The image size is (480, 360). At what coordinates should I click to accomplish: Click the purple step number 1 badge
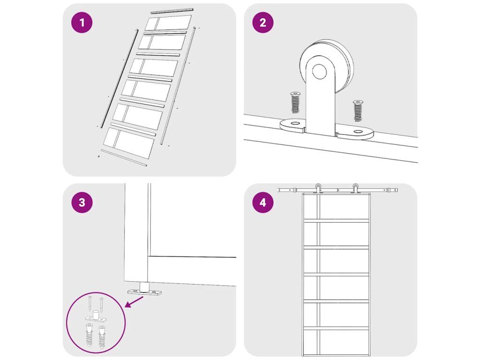[82, 22]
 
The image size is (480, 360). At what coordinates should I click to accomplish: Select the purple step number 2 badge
[262, 22]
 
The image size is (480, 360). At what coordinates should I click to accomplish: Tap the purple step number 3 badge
[82, 202]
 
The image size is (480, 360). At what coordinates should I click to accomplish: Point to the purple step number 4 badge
[262, 202]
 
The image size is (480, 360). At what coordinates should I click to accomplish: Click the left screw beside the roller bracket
[295, 102]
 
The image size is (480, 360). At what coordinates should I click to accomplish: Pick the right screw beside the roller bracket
[358, 111]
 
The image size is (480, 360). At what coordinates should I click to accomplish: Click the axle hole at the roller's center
[319, 71]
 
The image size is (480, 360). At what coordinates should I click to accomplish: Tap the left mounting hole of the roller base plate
[295, 123]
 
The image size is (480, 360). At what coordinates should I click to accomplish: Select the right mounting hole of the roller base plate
[358, 132]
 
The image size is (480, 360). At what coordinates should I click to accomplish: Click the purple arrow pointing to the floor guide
[134, 301]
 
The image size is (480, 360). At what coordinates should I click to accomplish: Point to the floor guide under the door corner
[144, 290]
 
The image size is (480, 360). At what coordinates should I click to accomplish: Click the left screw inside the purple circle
[90, 303]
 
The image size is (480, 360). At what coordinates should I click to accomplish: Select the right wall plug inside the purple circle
[102, 337]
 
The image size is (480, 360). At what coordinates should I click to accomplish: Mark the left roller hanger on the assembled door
[318, 188]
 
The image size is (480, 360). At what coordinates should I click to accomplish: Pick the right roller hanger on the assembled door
[355, 188]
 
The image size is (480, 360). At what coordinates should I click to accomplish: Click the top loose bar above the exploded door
[172, 11]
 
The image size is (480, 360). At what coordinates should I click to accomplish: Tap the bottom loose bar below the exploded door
[124, 157]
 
